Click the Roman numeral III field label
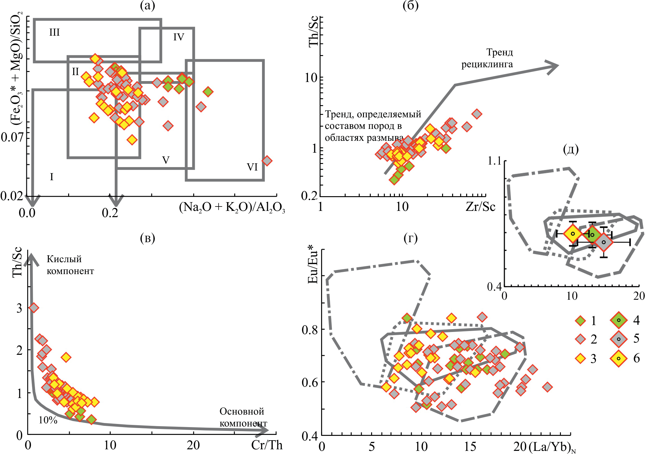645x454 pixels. tap(54, 33)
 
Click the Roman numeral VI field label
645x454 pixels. tap(252, 167)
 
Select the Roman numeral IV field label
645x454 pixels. tap(179, 37)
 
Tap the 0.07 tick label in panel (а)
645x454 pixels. tap(13, 137)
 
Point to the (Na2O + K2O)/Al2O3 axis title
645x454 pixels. tap(232, 208)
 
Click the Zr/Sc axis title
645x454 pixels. tap(480, 207)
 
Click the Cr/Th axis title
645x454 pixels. tap(267, 445)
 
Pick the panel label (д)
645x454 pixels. tap(571, 150)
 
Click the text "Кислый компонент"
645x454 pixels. tap(70, 265)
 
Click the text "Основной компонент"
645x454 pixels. tap(243, 417)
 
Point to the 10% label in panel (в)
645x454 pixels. tap(48, 420)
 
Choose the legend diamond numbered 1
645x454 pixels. tap(580, 321)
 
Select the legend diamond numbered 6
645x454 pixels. tap(618, 358)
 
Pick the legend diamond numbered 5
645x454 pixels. tap(618, 339)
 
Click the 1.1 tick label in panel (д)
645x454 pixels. tap(494, 161)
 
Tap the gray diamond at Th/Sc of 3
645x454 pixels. tap(33, 308)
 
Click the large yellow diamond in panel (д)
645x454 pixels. tap(573, 233)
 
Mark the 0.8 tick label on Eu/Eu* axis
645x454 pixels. tap(310, 330)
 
